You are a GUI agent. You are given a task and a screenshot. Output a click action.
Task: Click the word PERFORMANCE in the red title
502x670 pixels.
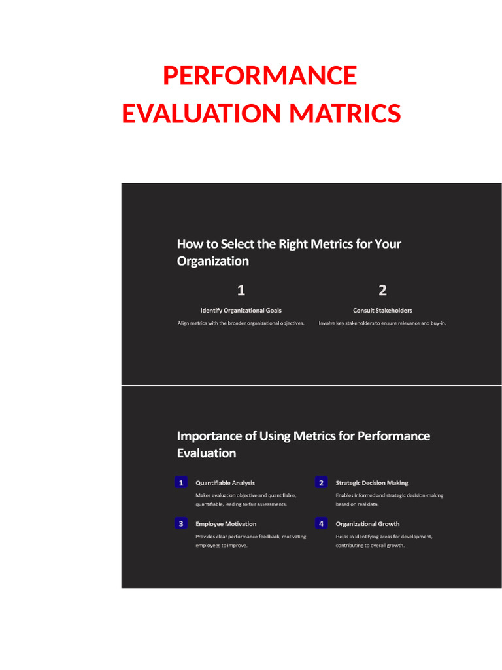[259, 76]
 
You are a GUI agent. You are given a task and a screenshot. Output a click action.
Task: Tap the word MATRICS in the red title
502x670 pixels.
[345, 114]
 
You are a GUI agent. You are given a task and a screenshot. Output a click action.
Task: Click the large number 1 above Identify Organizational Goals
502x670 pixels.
[241, 290]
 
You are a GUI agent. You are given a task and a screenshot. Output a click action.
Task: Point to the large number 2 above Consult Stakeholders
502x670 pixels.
[382, 290]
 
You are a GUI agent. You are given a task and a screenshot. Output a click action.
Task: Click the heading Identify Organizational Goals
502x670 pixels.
[241, 311]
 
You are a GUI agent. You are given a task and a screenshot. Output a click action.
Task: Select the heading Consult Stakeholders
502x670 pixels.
[382, 311]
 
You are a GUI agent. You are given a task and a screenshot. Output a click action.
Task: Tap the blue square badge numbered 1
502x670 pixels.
[181, 483]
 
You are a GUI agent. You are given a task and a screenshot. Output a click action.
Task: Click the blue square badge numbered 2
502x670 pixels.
[321, 483]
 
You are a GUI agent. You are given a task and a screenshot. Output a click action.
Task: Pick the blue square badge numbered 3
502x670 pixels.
[181, 523]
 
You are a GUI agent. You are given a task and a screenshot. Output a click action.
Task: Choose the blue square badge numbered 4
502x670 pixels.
[321, 523]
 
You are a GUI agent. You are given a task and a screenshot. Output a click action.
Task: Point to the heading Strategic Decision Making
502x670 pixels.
[371, 483]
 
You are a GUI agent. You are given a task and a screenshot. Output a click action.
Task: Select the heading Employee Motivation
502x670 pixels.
[226, 524]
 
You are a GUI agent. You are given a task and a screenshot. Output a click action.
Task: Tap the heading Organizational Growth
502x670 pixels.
[367, 524]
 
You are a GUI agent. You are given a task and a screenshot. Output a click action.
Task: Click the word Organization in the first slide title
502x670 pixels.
[212, 261]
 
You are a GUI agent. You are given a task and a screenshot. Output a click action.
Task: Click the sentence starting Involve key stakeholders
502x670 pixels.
[382, 323]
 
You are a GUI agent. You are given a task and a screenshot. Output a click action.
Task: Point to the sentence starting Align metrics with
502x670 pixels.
[241, 323]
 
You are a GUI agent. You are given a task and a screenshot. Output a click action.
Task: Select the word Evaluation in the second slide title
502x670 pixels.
[206, 453]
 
